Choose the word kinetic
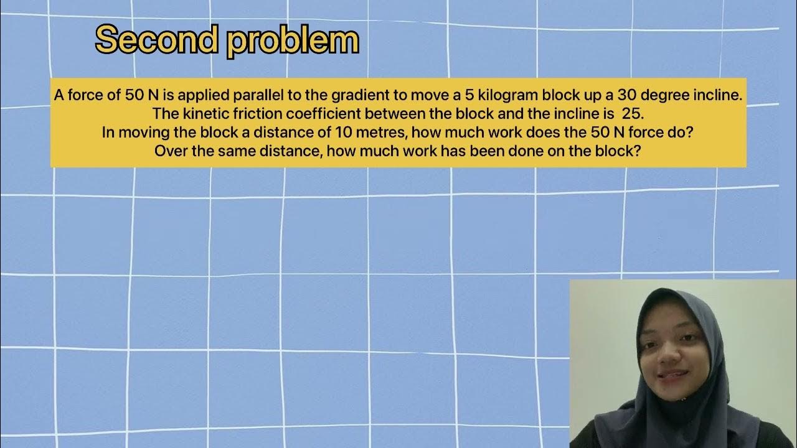(197, 114)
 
